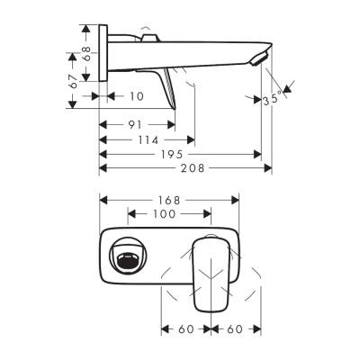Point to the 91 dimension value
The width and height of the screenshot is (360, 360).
135,125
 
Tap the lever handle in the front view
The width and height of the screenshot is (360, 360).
212,270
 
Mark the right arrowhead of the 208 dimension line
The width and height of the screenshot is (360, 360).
269,168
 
